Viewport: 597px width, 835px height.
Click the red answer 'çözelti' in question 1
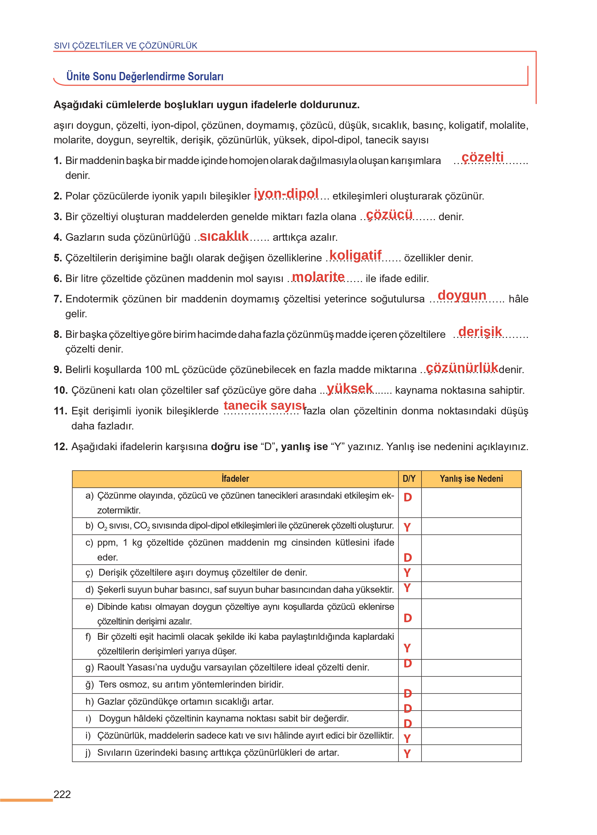click(x=482, y=157)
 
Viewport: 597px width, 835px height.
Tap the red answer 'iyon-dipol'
click(x=286, y=193)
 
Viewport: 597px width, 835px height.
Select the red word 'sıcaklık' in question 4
click(x=224, y=236)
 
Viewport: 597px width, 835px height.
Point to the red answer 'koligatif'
click(x=355, y=255)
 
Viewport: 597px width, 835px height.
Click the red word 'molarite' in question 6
click(x=318, y=276)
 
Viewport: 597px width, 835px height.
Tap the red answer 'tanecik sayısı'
click(x=264, y=405)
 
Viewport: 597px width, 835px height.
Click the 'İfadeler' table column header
click(x=235, y=479)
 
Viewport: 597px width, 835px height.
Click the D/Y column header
click(x=409, y=479)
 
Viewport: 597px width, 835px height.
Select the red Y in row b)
click(x=407, y=527)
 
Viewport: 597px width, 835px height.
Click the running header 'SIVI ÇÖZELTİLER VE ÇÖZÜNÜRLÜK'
click(x=125, y=46)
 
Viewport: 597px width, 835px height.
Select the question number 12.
click(x=61, y=447)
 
